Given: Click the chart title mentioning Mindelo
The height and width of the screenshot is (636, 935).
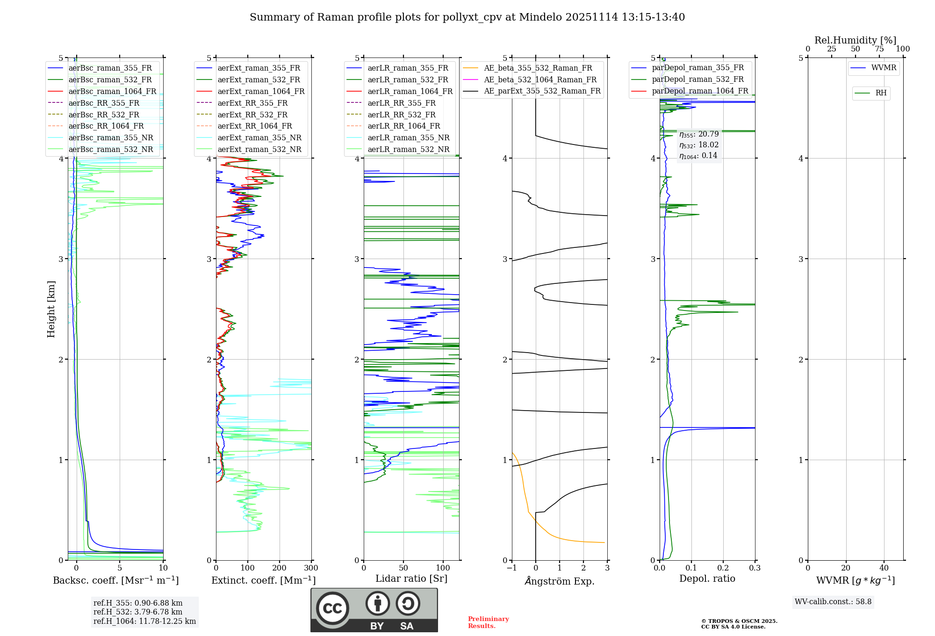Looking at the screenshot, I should click(467, 17).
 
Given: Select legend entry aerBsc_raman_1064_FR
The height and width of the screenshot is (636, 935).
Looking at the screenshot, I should click(112, 91).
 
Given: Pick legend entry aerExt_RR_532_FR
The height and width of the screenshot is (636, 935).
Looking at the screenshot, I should click(252, 115).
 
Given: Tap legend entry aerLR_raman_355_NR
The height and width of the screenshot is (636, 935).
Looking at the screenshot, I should click(408, 137).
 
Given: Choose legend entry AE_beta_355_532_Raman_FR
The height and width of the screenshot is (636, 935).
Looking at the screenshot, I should click(538, 68).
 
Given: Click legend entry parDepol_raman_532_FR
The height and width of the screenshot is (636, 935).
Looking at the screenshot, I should click(698, 79).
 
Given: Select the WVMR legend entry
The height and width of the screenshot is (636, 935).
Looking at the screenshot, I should click(883, 68).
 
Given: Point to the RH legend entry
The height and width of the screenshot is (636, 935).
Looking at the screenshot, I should click(881, 93).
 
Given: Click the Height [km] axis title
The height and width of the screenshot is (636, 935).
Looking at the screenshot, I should click(51, 309).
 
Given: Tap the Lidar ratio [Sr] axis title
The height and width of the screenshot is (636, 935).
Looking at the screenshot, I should click(411, 578).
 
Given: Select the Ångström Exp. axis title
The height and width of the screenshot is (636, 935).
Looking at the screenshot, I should click(560, 581).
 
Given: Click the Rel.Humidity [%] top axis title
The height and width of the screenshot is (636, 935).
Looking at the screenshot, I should click(855, 40).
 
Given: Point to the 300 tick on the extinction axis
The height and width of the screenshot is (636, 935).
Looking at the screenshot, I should click(311, 568).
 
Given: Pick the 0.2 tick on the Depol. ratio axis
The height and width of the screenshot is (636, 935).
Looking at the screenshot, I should click(723, 568).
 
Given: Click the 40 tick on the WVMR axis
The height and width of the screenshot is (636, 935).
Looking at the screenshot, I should click(884, 568).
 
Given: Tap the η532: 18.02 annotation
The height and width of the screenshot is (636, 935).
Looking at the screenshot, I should click(699, 145).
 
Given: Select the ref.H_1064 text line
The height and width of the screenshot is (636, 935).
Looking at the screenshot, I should click(144, 621).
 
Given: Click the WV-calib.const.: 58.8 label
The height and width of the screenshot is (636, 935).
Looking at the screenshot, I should click(833, 601).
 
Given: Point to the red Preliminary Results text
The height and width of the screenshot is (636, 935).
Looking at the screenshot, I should click(488, 622).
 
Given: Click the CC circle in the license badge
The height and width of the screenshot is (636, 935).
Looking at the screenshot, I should click(332, 608).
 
